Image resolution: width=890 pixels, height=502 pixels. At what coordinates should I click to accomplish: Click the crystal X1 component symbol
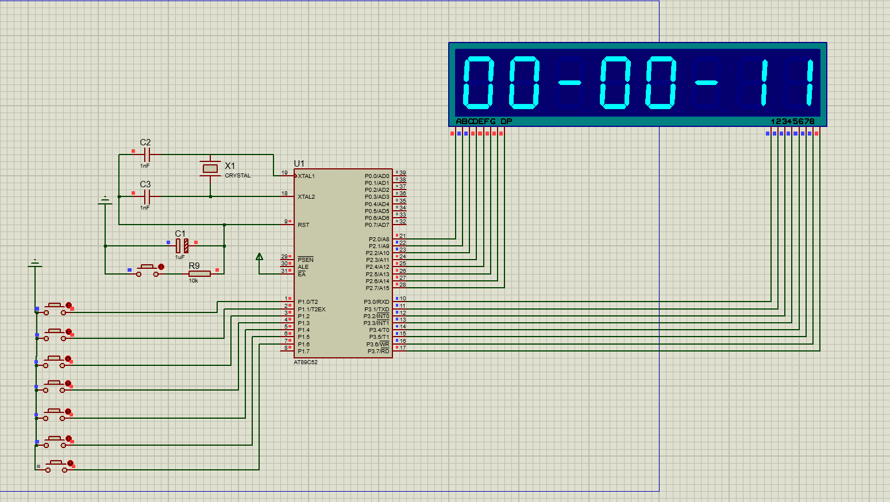point(210,168)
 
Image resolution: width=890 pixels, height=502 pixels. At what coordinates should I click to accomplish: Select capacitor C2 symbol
point(147,154)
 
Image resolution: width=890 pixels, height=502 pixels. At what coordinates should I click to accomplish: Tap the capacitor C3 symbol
point(147,197)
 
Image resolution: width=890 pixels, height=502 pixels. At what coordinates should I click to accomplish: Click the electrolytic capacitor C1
point(182,246)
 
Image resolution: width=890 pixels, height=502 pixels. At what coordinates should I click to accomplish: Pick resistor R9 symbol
point(199,274)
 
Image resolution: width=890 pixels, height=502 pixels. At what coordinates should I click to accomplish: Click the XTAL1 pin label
point(306,176)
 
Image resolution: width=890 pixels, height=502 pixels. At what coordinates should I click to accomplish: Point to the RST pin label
point(303,225)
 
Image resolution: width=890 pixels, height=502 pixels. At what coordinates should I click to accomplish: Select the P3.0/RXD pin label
point(376,302)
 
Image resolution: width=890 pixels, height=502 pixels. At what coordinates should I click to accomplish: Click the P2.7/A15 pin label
point(377,288)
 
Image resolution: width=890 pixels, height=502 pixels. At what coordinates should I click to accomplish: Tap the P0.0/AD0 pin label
point(377,176)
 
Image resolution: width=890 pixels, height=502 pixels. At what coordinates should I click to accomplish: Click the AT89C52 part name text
point(306,362)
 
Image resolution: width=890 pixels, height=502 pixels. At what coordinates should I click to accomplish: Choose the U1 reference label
point(299,164)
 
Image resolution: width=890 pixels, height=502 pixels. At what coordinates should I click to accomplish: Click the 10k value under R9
point(194,281)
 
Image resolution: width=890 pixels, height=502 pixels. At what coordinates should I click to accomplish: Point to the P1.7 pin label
point(303,352)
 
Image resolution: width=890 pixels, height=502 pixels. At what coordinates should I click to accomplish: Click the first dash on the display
point(570,83)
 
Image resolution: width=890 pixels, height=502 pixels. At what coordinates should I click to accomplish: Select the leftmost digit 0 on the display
point(478,83)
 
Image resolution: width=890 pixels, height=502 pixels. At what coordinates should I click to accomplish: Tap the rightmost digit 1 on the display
point(809,83)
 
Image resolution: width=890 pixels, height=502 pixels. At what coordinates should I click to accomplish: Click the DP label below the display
point(506,121)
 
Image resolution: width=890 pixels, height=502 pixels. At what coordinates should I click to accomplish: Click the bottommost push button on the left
point(56,466)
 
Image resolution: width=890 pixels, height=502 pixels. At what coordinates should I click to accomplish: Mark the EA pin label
point(302,275)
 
